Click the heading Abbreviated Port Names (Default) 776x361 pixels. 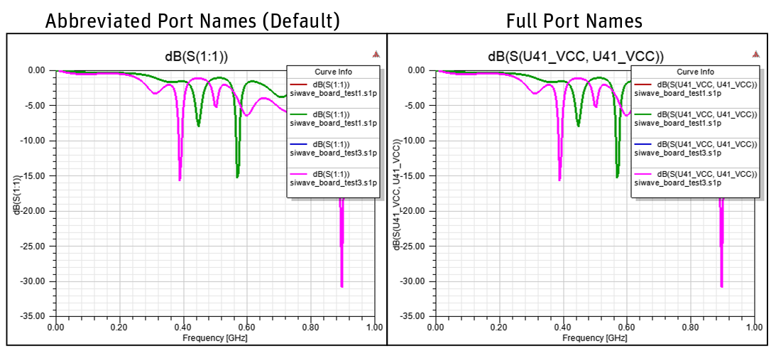point(192,21)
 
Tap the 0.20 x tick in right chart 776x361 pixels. point(499,328)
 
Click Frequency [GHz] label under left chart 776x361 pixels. point(214,338)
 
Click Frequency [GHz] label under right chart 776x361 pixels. point(595,338)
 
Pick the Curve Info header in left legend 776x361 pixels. point(333,72)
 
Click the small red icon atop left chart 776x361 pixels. point(376,54)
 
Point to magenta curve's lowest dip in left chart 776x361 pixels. point(341,286)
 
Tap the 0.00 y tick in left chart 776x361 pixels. point(35,70)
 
